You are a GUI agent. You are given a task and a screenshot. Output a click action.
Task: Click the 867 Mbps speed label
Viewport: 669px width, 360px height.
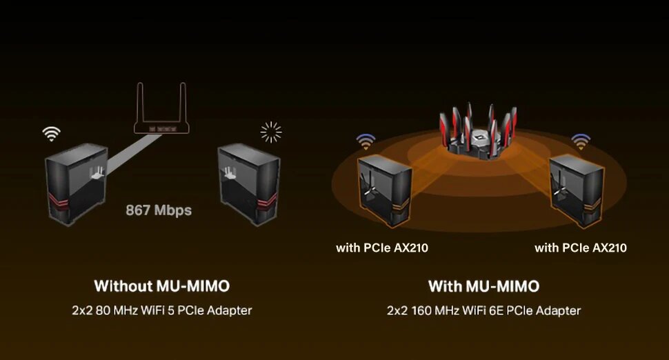click(159, 210)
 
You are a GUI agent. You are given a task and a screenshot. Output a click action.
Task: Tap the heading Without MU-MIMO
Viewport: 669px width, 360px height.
click(161, 286)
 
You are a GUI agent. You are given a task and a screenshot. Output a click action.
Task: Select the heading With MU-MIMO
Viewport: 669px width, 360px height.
click(483, 286)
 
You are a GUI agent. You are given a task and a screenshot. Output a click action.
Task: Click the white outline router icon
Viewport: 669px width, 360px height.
click(161, 114)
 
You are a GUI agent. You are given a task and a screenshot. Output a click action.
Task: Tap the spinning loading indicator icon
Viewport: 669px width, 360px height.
click(272, 131)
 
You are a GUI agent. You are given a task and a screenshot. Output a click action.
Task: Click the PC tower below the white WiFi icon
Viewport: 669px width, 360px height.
click(74, 182)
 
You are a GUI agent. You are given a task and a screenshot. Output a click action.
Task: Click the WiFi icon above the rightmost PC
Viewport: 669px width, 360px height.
click(581, 141)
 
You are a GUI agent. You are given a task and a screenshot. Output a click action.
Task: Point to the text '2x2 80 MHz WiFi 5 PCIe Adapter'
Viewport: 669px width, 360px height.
click(161, 310)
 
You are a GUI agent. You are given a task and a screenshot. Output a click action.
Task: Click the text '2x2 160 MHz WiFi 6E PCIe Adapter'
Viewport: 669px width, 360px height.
click(483, 310)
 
